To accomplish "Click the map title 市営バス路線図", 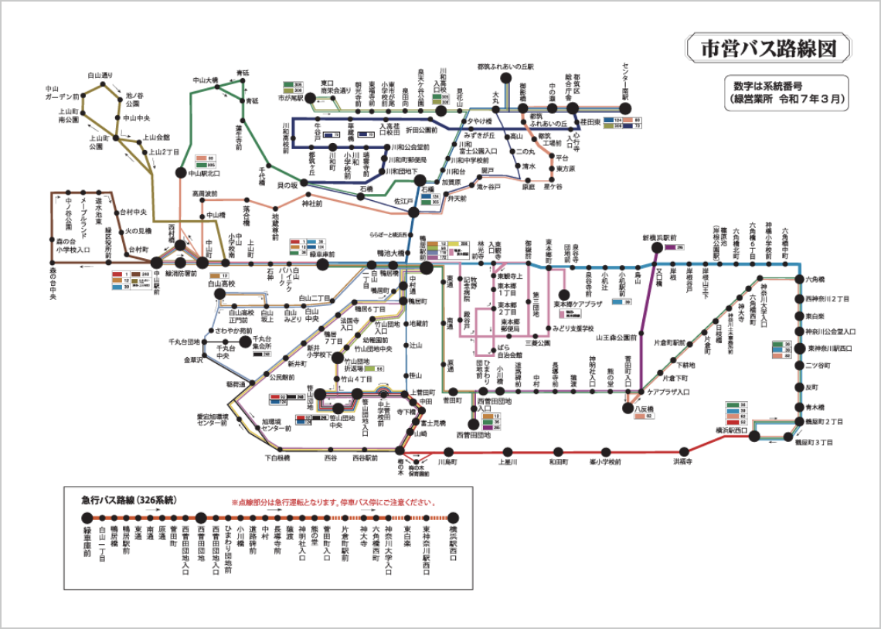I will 768,49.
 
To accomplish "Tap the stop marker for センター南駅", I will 626,108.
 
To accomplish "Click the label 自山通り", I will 100,75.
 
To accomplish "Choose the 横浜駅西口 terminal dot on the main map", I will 754,436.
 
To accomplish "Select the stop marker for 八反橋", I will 628,408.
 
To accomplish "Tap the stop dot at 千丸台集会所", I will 246,340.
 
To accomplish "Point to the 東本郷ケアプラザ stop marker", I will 566,294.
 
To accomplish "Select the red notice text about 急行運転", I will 332,502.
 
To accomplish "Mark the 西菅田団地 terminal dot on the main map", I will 473,423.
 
